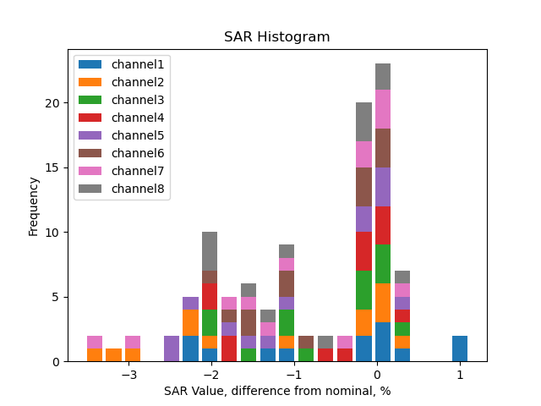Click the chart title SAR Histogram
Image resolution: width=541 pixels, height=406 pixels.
click(276, 37)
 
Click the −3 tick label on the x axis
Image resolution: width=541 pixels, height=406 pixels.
click(128, 375)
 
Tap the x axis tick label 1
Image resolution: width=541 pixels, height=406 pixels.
click(460, 375)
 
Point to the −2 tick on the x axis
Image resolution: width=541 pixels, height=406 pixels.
click(211, 375)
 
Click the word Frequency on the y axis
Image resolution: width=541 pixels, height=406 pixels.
click(34, 206)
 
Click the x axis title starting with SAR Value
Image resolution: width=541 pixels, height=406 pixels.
click(276, 391)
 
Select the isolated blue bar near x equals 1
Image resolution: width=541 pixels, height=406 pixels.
click(460, 348)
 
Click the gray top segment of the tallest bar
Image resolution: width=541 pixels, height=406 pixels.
click(383, 76)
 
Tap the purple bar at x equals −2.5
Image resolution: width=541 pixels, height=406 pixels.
click(172, 348)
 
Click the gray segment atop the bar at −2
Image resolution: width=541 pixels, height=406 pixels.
click(210, 251)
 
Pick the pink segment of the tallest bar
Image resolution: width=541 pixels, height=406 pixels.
click(383, 109)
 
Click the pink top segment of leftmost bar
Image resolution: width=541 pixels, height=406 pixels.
click(95, 342)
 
